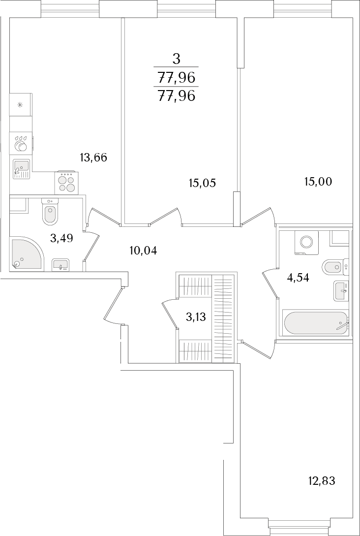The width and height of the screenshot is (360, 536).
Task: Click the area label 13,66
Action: point(93,158)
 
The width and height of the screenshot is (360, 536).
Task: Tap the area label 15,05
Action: point(203,183)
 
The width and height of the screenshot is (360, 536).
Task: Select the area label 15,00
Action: point(318,182)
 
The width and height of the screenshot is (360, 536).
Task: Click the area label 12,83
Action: point(322,481)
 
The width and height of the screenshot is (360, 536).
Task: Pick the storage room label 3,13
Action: point(196,317)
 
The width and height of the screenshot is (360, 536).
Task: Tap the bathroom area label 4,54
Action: point(298,278)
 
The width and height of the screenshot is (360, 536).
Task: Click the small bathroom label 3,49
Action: point(61,238)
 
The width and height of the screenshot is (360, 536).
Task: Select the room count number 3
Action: point(176,60)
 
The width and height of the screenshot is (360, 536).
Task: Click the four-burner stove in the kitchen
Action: point(66,183)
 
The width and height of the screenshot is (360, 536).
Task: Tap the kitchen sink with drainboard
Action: point(21,169)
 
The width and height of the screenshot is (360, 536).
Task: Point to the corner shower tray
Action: point(28,253)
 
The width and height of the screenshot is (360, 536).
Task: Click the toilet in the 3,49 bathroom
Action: point(50,212)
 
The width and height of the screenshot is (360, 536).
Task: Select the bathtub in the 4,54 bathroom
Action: point(315,323)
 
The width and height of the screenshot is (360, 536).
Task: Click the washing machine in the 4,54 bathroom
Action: point(306,243)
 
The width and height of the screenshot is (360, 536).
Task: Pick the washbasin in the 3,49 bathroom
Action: point(60,265)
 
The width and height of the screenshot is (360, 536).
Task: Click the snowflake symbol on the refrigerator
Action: point(20,105)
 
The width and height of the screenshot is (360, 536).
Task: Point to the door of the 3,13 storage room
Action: point(169,315)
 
